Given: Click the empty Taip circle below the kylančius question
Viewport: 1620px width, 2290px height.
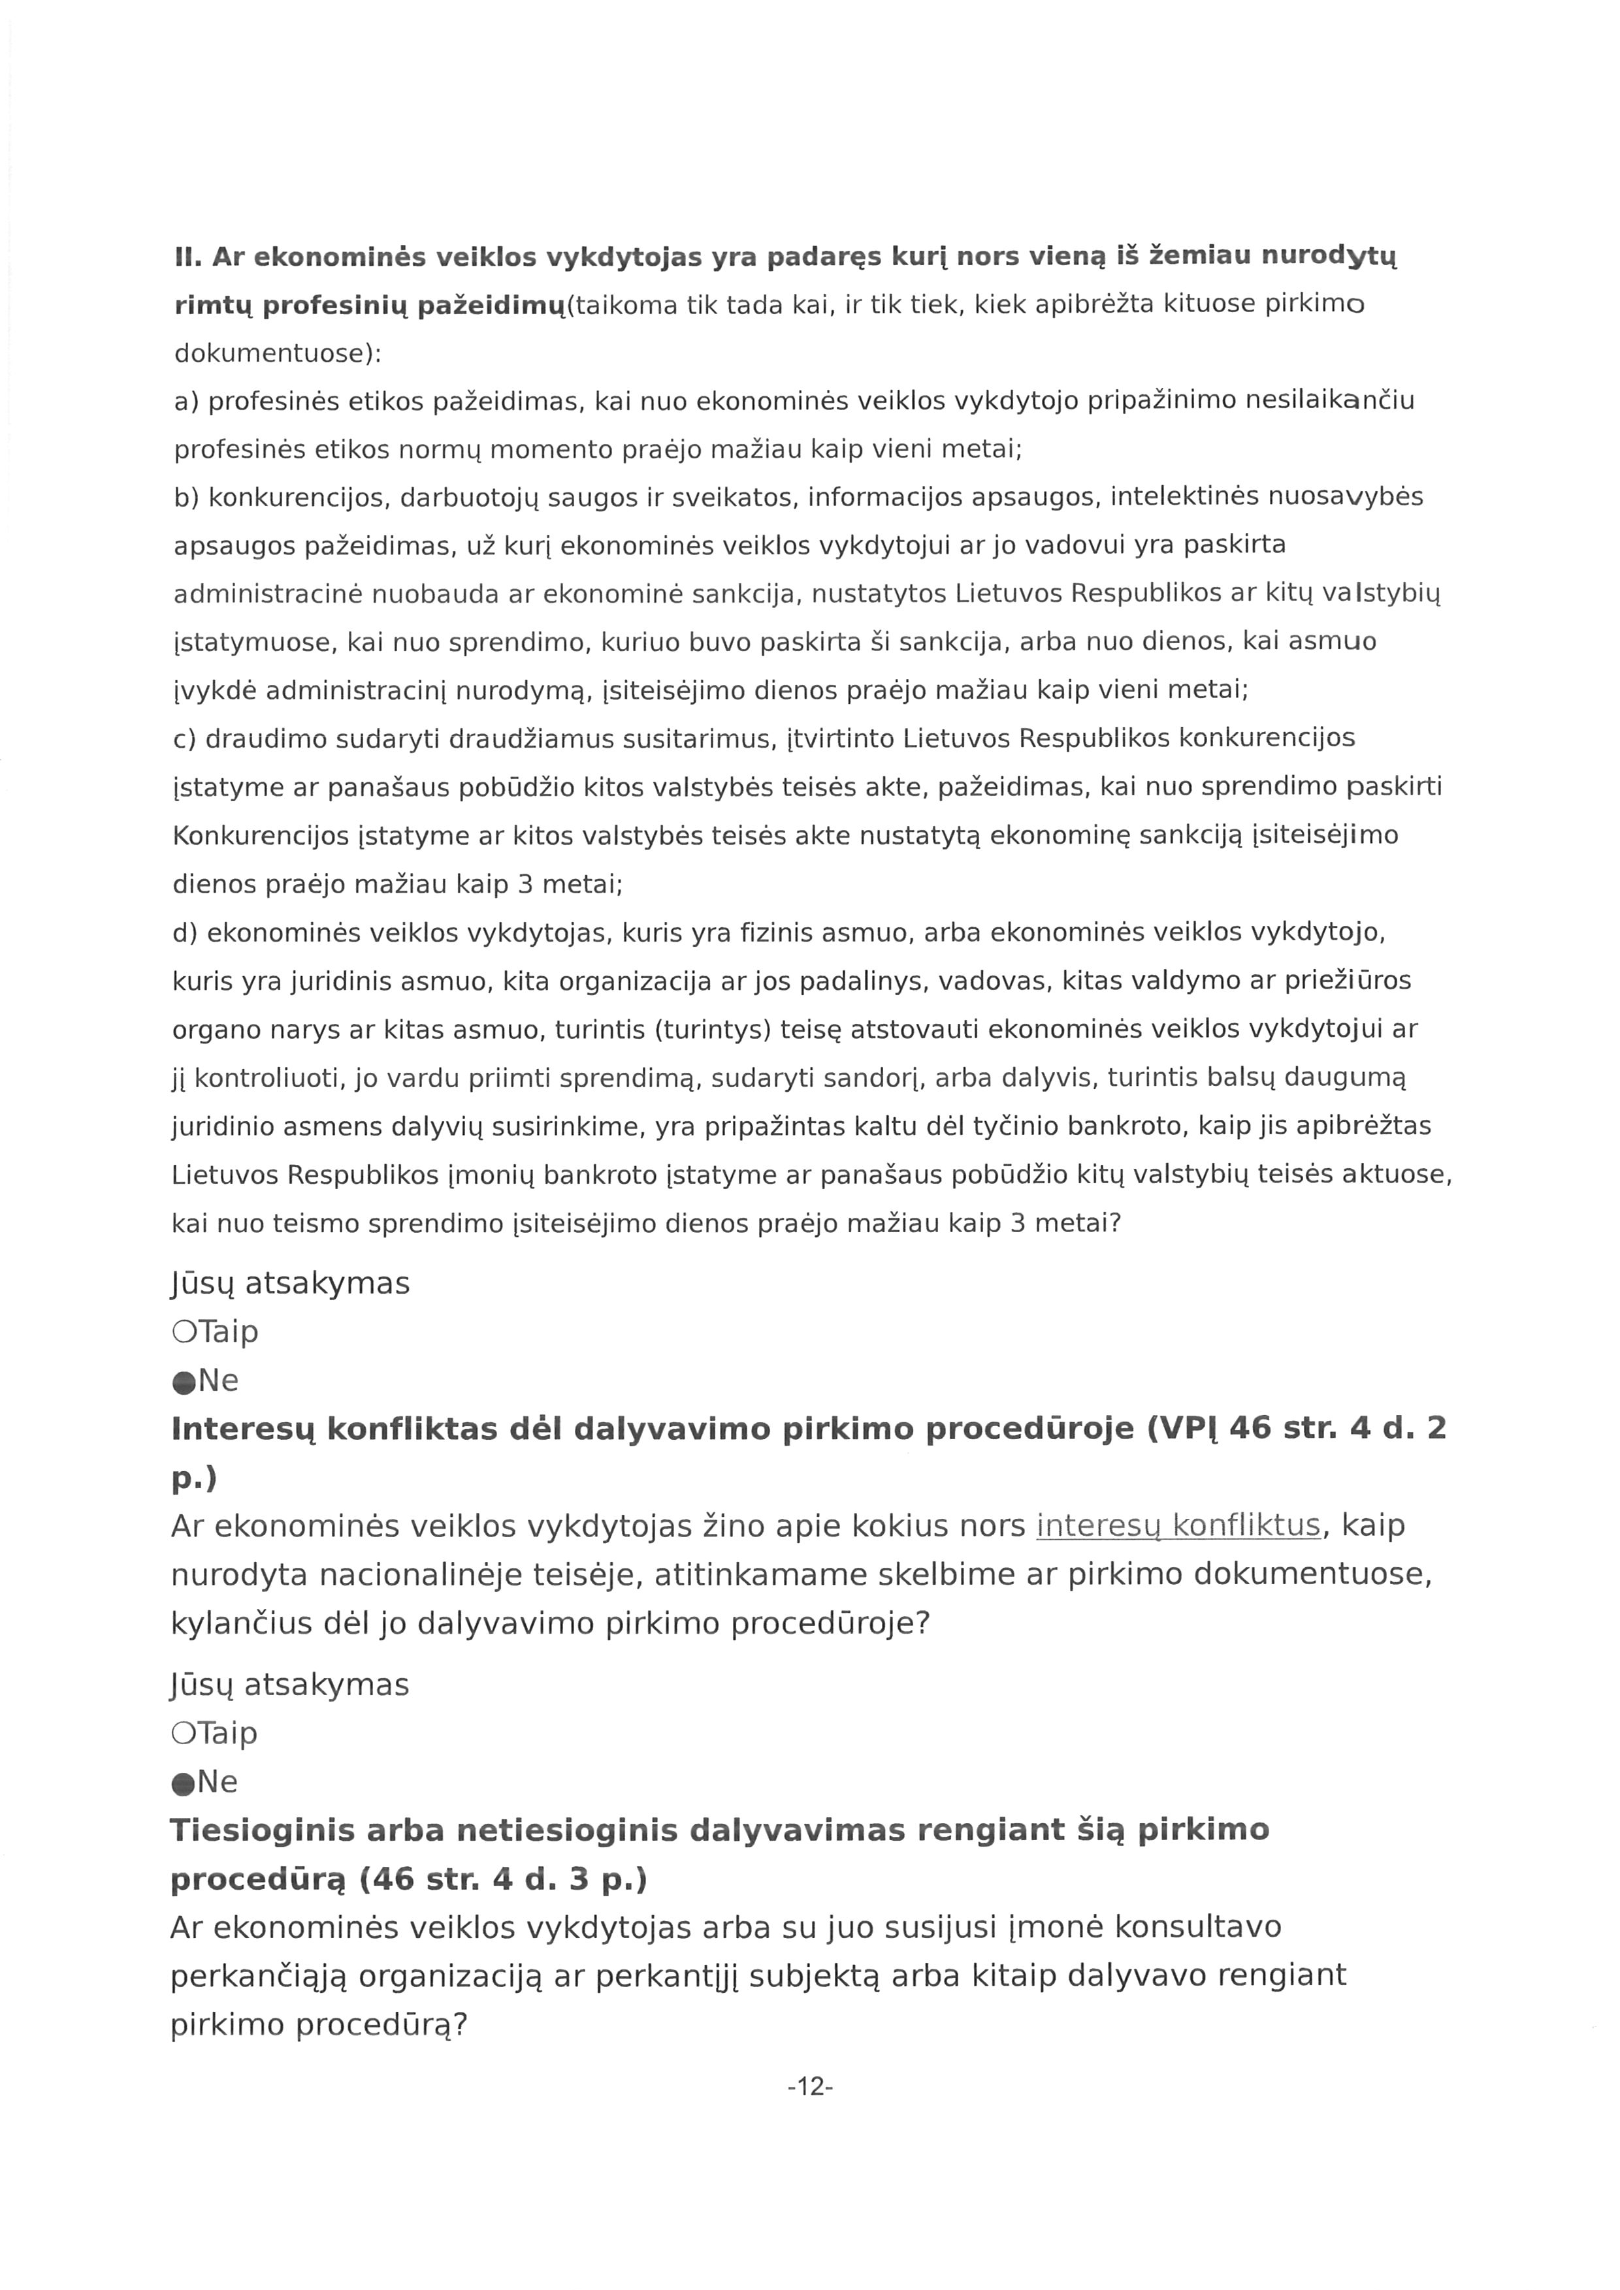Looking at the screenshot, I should pos(184,1734).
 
